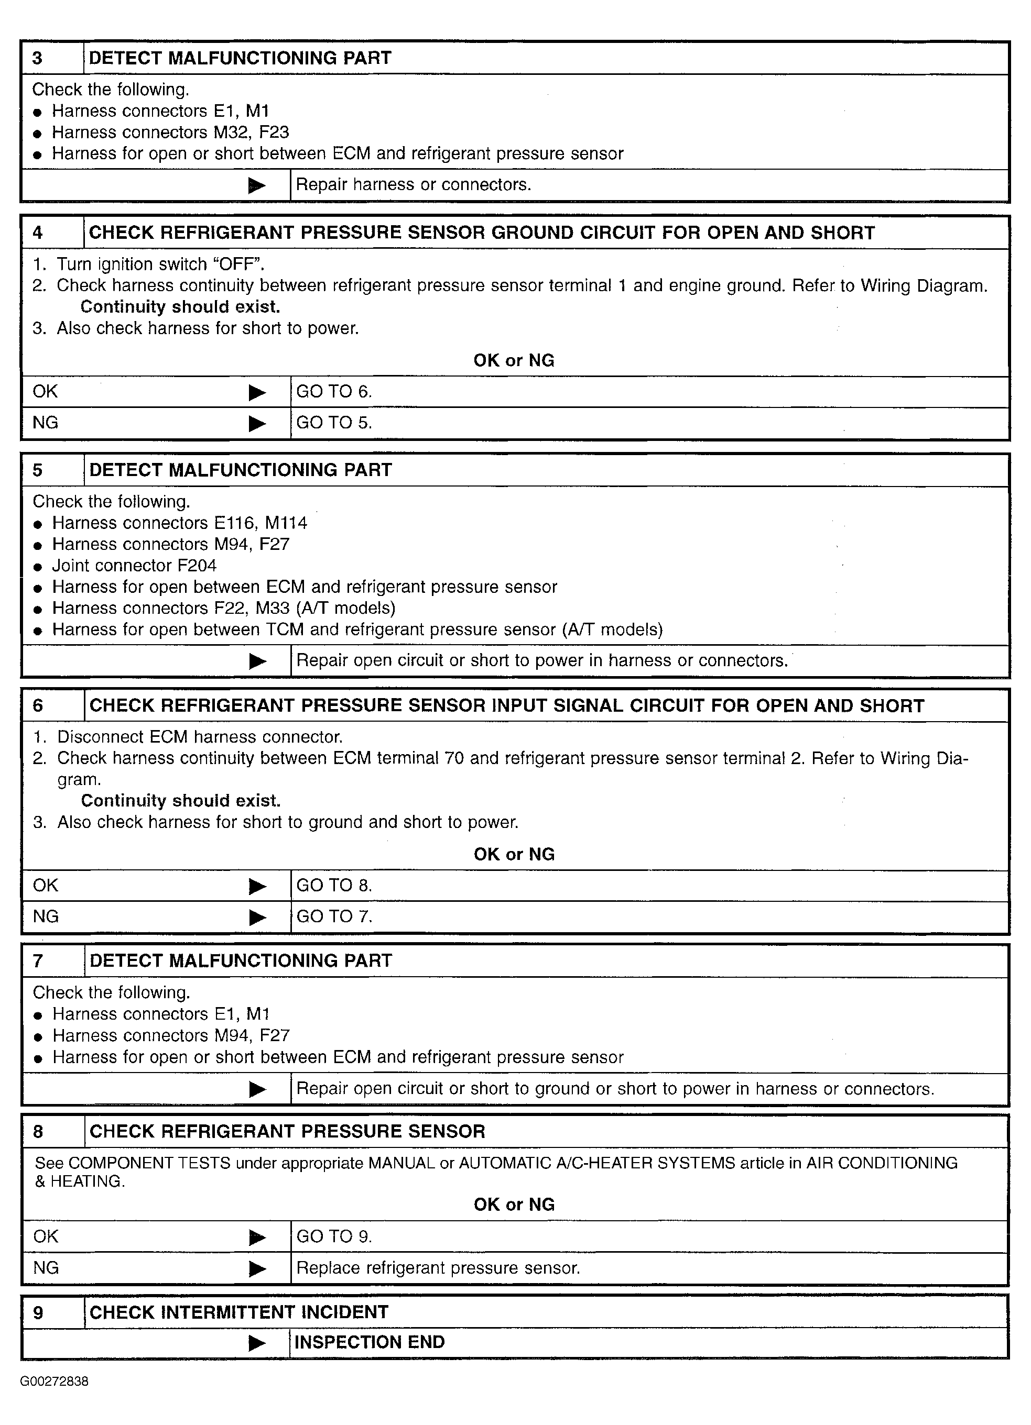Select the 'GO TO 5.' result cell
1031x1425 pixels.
(x=334, y=423)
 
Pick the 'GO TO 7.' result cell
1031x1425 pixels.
(x=334, y=916)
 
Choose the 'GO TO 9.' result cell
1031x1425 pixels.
(x=334, y=1236)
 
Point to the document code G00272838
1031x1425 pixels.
(x=54, y=1382)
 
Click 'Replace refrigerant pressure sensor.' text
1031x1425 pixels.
(x=438, y=1268)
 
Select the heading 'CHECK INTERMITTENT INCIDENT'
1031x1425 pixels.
(x=239, y=1312)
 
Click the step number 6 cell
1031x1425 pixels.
(x=38, y=705)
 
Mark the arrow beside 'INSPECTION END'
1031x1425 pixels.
(x=257, y=1343)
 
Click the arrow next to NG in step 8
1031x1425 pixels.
(x=257, y=1269)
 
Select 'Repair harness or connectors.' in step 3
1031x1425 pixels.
(x=413, y=185)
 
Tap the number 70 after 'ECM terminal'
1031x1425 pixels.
(x=454, y=758)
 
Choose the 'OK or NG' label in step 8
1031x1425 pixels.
(x=514, y=1205)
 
